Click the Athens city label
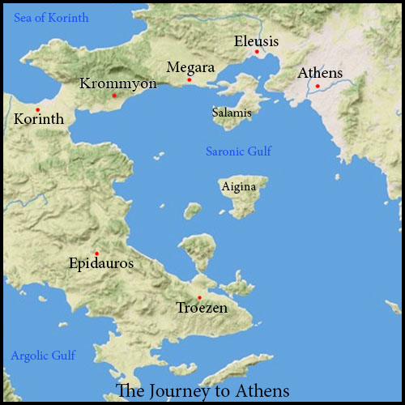point(320,73)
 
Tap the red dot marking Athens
point(318,86)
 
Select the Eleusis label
point(256,40)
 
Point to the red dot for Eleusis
point(257,52)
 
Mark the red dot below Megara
point(190,79)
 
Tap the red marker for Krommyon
point(114,96)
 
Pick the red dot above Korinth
point(37,109)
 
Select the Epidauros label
point(101,263)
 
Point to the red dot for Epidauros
point(96,253)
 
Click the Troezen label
point(202,308)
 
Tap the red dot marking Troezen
point(199,297)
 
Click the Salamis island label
point(232,113)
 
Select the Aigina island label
point(239,187)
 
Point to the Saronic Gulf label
point(239,151)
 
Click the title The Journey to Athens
point(202,390)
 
